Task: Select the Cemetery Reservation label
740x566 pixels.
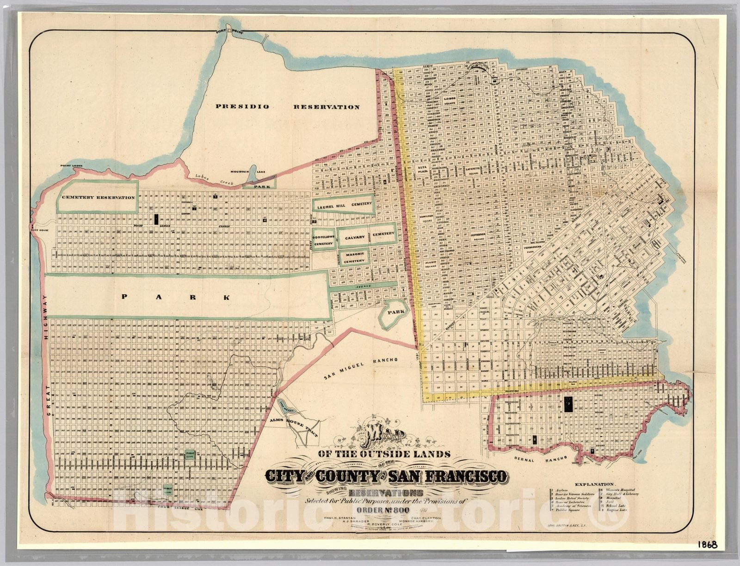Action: (x=99, y=197)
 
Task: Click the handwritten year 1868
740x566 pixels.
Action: (x=708, y=545)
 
